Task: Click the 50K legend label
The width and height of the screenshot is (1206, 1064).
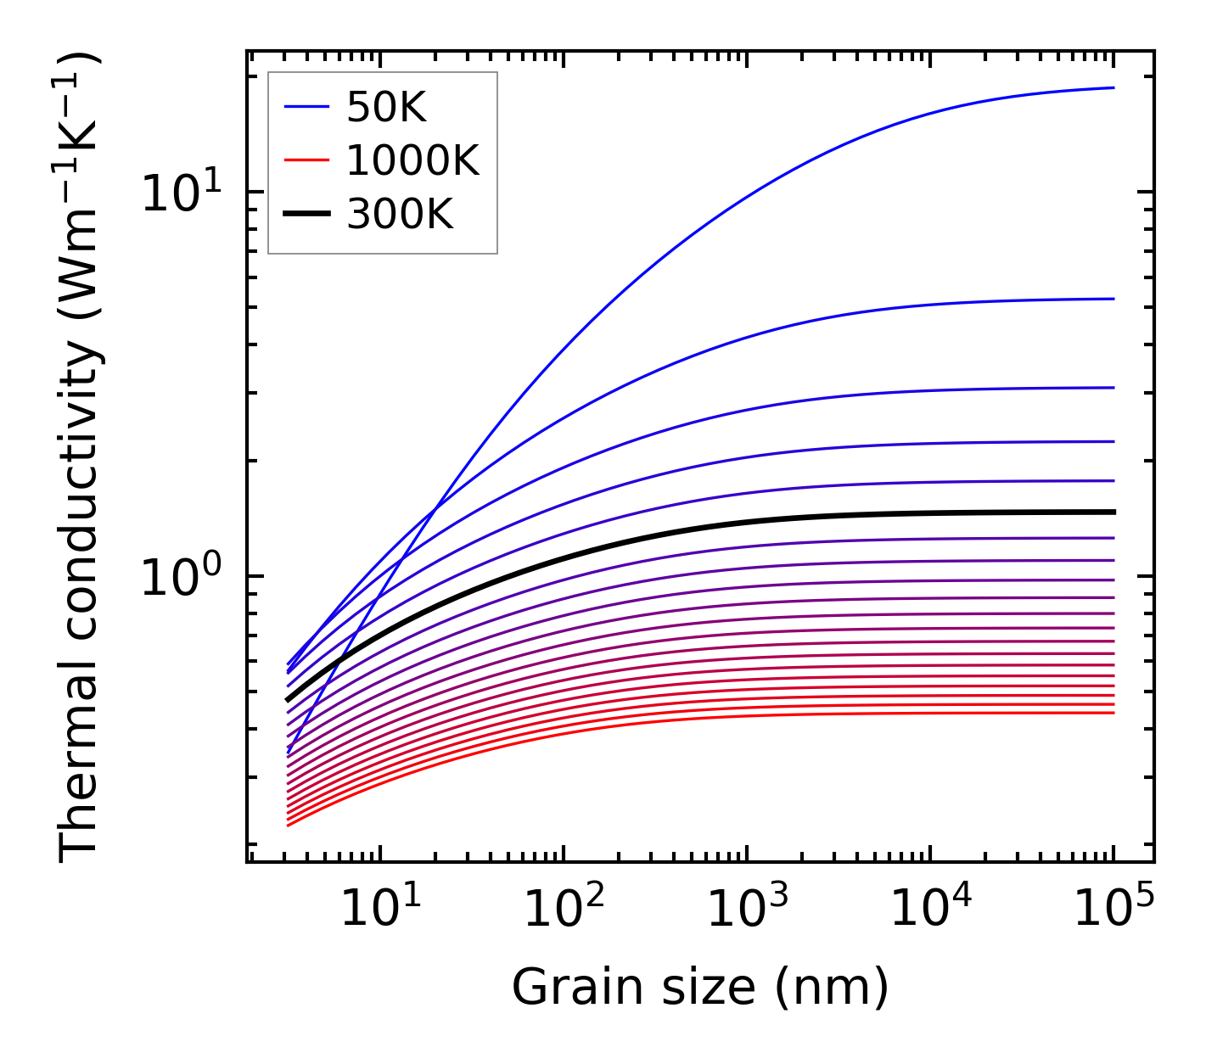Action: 386,108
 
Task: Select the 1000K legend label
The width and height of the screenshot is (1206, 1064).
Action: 412,160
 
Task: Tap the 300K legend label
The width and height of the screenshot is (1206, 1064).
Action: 400,215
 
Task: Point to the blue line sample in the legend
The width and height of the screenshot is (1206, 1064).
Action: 306,107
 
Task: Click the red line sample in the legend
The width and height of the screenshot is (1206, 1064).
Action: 306,160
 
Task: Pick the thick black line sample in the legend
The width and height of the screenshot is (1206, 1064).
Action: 306,215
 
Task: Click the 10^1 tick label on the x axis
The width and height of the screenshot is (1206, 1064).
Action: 379,909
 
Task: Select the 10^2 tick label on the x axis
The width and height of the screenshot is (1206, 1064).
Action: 563,909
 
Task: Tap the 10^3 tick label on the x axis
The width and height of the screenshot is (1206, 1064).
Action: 747,909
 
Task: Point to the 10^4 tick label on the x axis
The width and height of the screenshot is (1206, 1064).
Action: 930,909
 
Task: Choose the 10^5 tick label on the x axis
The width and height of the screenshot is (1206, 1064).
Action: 1113,909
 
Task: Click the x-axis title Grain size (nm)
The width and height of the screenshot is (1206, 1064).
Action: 700,987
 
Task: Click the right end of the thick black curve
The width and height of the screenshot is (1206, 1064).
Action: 1113,512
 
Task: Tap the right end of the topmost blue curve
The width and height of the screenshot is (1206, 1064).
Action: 1113,87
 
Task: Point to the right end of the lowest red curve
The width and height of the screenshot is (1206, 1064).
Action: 1113,712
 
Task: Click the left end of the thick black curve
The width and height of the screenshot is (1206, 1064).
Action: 289,700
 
